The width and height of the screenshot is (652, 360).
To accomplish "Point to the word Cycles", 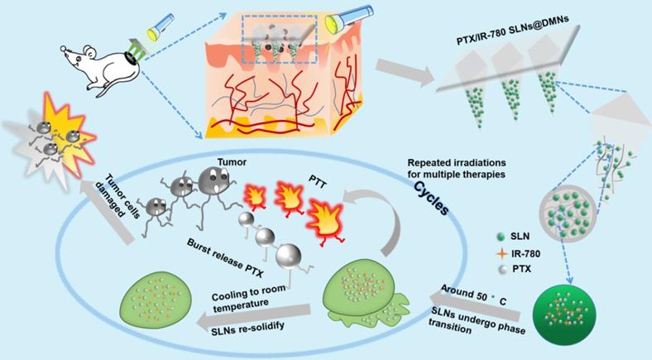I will (431, 198).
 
